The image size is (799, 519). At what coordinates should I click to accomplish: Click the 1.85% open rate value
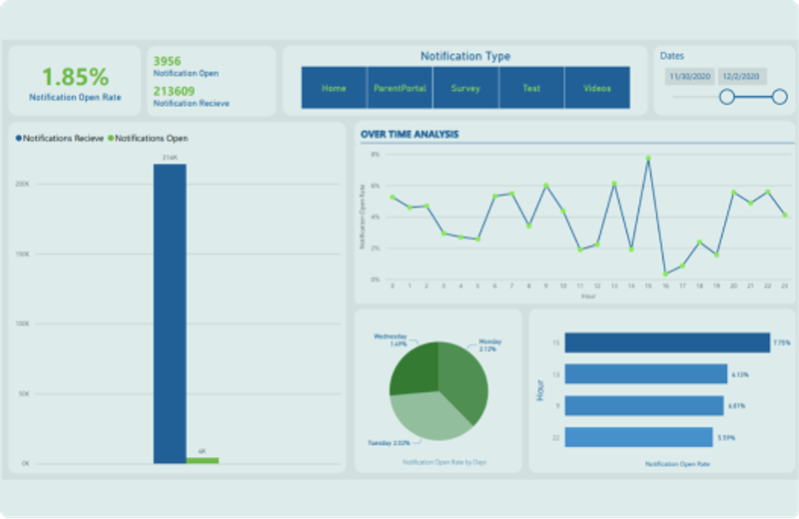coord(75,77)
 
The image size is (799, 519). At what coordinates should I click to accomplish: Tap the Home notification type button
coord(334,88)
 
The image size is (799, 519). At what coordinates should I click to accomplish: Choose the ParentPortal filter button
coord(399,88)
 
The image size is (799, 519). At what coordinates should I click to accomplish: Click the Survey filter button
coord(465,88)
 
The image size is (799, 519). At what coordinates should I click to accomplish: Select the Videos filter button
coord(597,88)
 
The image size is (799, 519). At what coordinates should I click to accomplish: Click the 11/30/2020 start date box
coord(690,76)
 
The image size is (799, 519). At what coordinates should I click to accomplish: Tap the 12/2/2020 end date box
coord(742,76)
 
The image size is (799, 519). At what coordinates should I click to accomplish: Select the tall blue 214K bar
coord(169,313)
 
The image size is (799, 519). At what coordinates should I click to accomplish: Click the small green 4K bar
coord(202,460)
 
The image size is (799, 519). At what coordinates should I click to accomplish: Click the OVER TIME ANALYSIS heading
coord(409,134)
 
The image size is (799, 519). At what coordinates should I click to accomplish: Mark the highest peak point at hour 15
coord(647,158)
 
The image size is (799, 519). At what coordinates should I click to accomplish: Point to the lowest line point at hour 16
coord(665,273)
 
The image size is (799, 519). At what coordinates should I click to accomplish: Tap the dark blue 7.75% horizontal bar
coord(666,343)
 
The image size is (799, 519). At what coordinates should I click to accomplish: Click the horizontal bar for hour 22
coord(638,437)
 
